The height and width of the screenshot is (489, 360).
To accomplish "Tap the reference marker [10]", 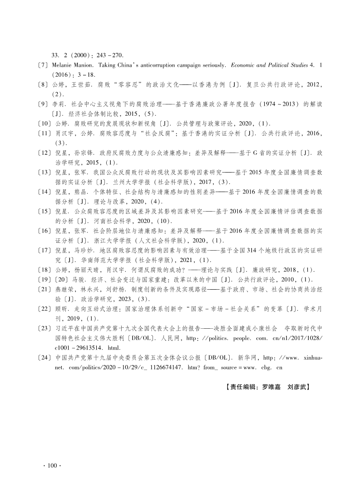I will (x=45, y=123).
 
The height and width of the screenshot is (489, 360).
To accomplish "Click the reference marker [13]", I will (x=45, y=173).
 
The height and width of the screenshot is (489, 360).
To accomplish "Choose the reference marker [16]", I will (x=45, y=231).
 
